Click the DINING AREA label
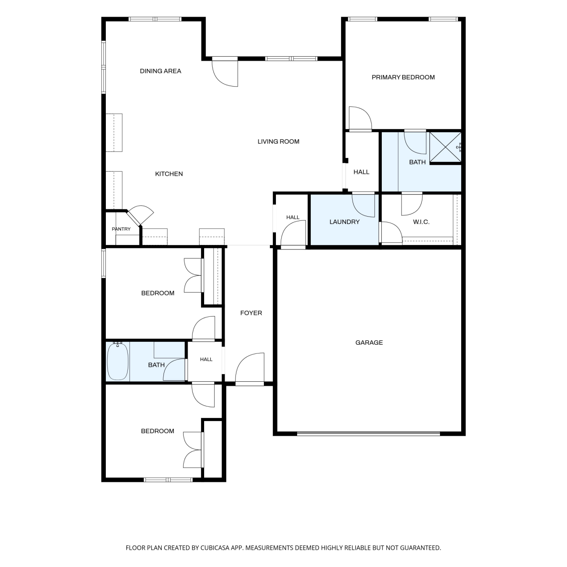[x=160, y=71]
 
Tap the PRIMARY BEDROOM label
[x=403, y=77]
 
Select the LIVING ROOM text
[x=278, y=142]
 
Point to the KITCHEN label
[x=169, y=174]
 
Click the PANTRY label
[x=121, y=229]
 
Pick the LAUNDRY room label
[x=344, y=222]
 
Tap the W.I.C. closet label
[x=421, y=222]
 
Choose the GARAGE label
[x=369, y=343]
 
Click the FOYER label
[x=251, y=313]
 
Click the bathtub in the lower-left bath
[x=118, y=361]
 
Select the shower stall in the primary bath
[x=445, y=147]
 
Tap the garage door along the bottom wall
[x=369, y=434]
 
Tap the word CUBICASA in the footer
[x=215, y=548]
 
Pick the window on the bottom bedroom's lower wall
[x=169, y=480]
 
